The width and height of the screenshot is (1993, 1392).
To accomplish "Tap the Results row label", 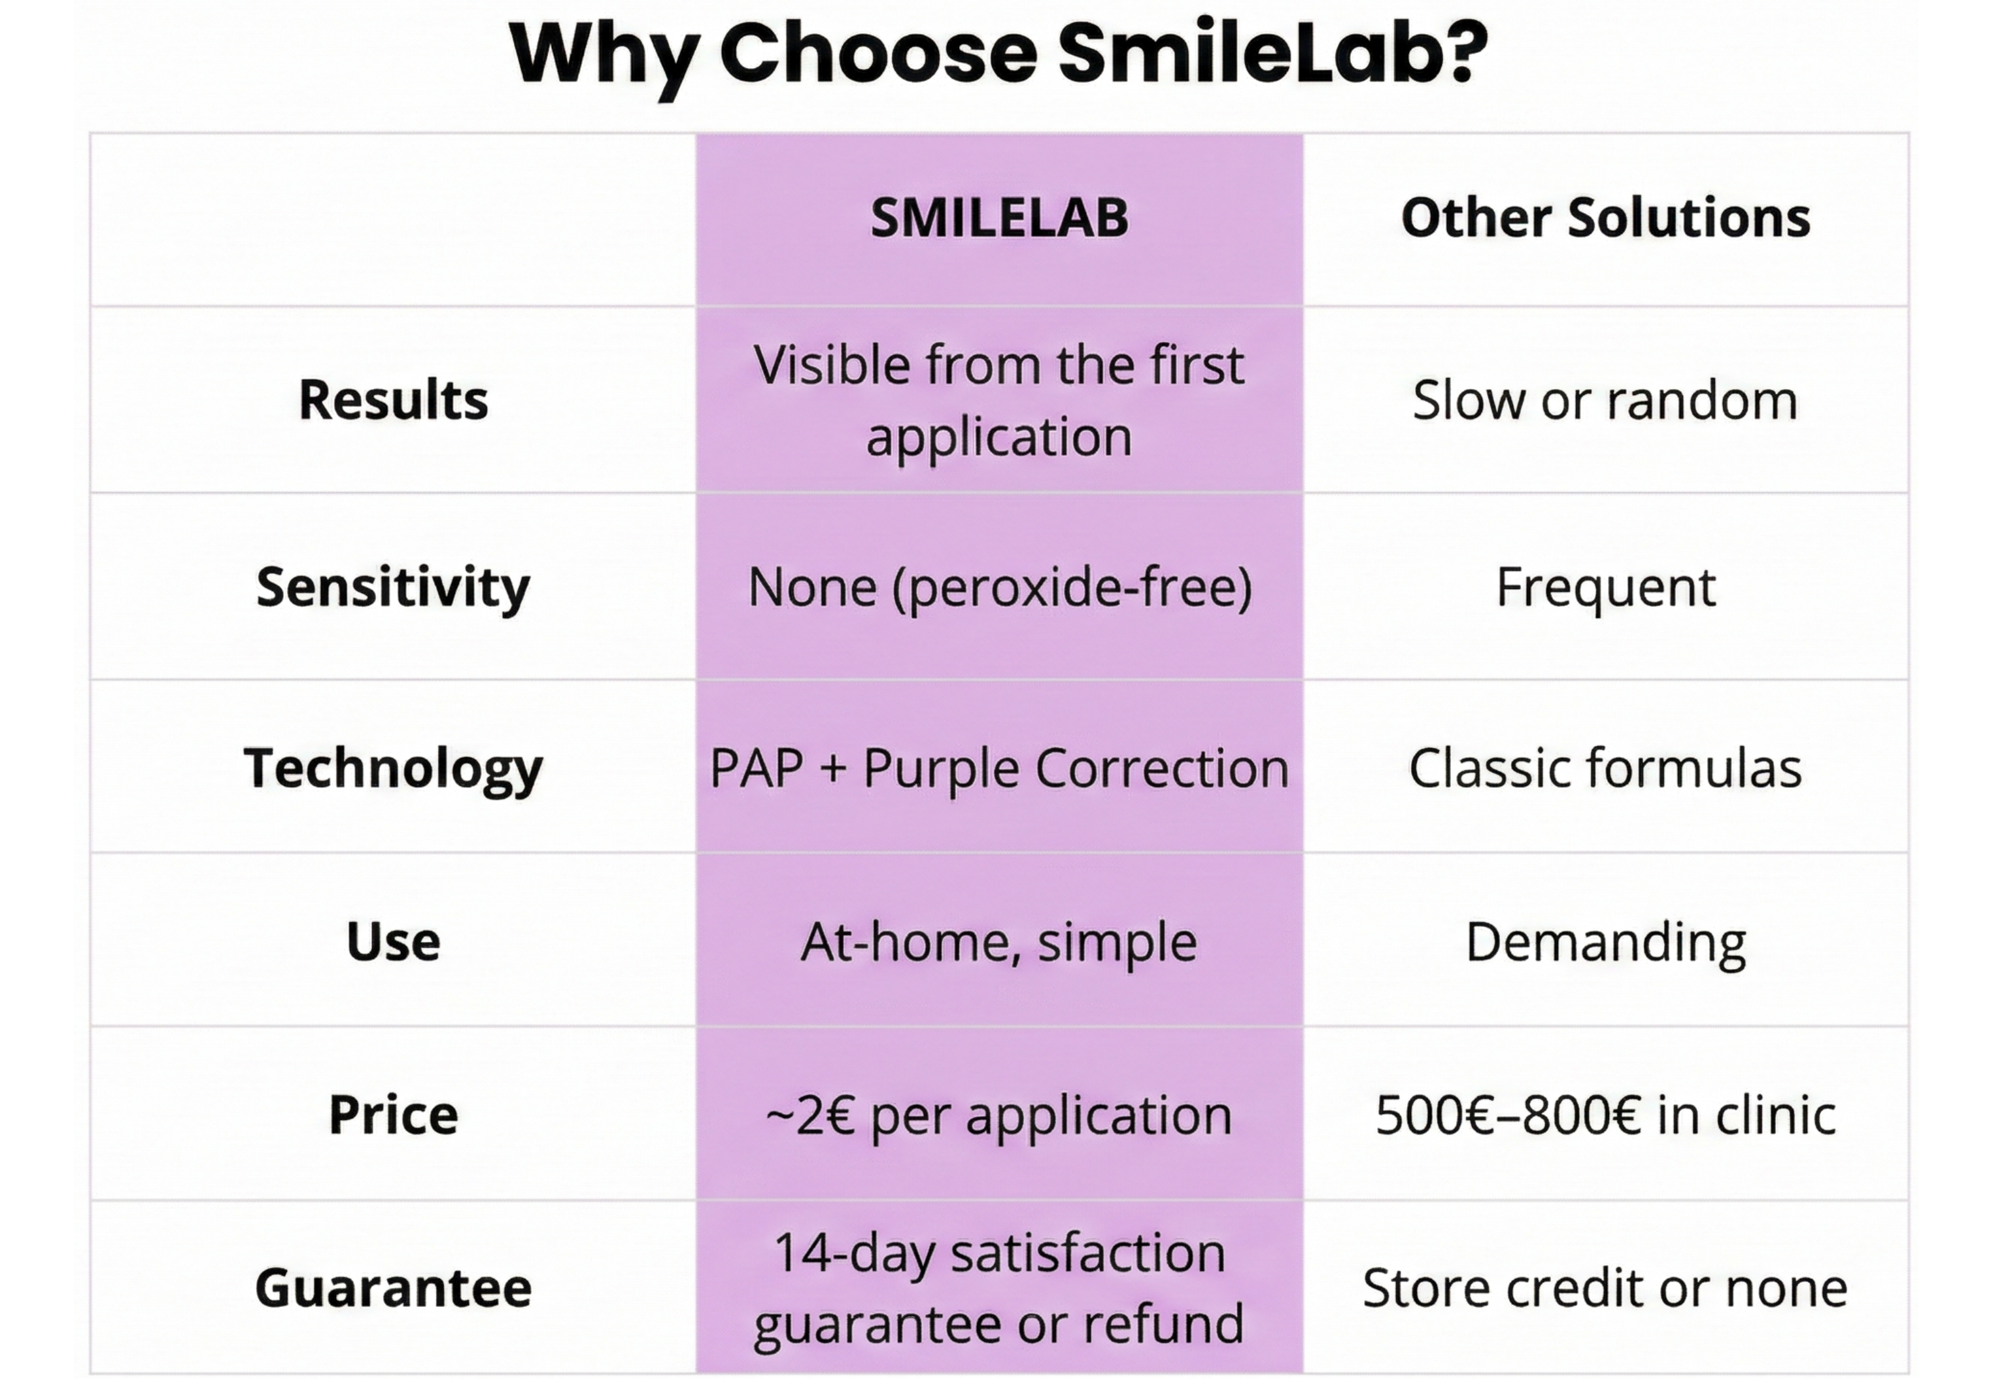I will tap(393, 400).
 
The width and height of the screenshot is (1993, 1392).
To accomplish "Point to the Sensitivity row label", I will tap(393, 588).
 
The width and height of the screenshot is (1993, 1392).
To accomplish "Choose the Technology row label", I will tap(393, 768).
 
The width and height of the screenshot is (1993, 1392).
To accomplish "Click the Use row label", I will tap(393, 942).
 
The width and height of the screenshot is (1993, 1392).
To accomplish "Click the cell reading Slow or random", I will tap(1605, 400).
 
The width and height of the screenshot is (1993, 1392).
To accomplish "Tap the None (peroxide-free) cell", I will tap(999, 588).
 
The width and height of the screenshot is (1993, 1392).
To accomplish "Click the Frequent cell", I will tap(1605, 588).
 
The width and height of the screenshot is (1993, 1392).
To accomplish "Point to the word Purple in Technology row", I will tap(941, 769).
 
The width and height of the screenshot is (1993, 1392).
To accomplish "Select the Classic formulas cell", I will tap(1605, 768).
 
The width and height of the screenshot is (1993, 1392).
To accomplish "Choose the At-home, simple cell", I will tap(999, 942).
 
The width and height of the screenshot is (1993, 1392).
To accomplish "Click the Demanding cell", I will tap(1605, 942).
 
